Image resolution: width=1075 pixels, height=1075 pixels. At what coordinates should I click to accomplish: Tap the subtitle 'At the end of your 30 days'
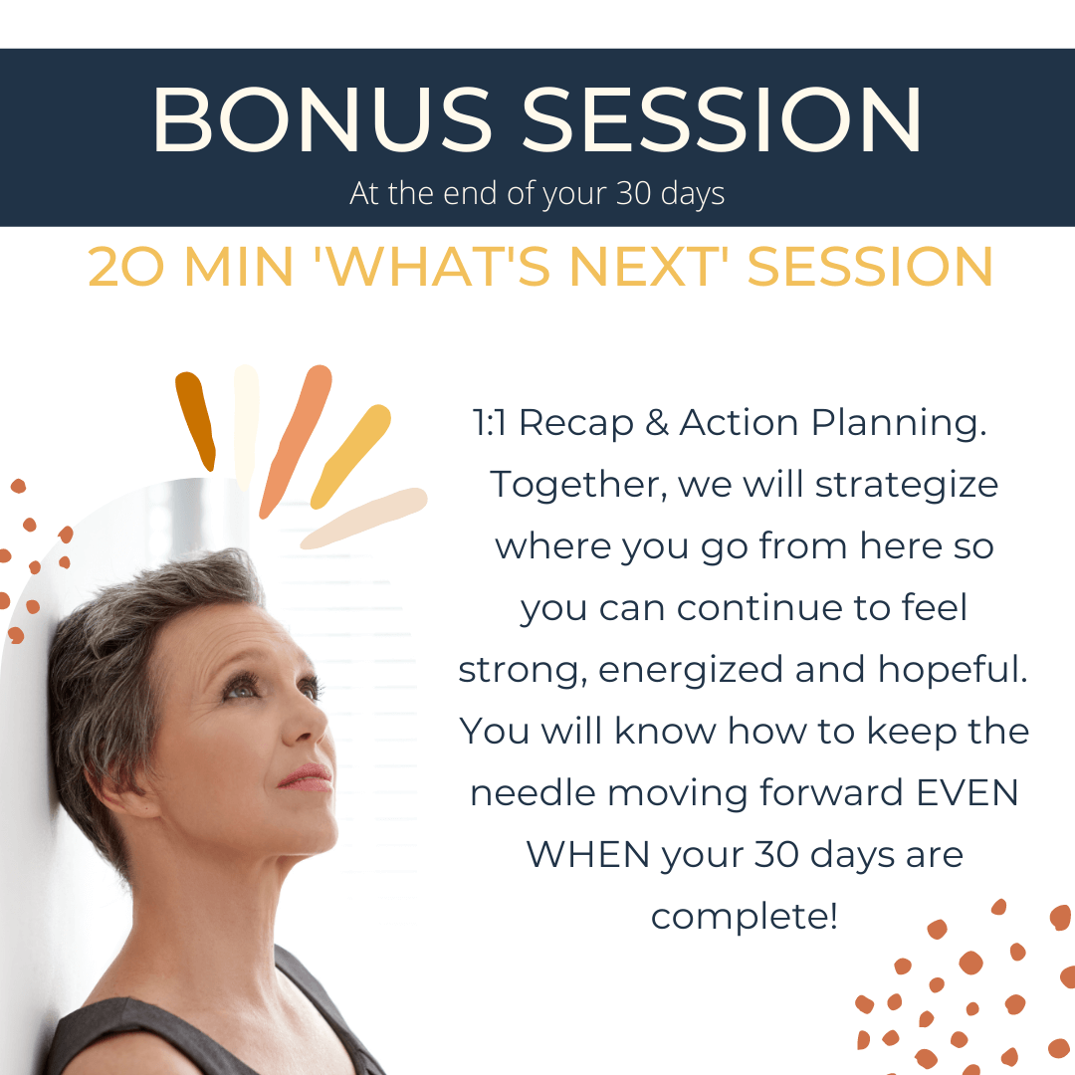[537, 193]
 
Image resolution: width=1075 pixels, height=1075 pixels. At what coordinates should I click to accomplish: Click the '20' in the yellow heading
[126, 267]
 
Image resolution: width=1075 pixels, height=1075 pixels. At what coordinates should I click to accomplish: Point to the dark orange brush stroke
[195, 421]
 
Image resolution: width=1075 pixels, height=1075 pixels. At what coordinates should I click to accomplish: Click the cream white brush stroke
[246, 426]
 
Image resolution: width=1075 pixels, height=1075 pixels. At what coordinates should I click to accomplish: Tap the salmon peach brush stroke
[296, 441]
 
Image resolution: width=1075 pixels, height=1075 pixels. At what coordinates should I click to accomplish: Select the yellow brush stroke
[350, 457]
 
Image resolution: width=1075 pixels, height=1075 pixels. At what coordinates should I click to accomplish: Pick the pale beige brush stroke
[363, 518]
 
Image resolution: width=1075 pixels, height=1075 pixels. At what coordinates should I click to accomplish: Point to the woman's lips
[308, 777]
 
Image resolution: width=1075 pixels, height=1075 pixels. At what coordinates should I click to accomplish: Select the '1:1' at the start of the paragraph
[490, 422]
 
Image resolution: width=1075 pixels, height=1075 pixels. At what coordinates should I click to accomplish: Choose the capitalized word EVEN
[967, 793]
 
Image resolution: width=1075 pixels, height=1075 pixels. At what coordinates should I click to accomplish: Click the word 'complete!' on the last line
[745, 918]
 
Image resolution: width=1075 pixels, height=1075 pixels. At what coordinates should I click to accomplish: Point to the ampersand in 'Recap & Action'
[657, 422]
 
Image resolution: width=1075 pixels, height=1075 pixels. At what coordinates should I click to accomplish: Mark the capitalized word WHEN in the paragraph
[587, 855]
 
